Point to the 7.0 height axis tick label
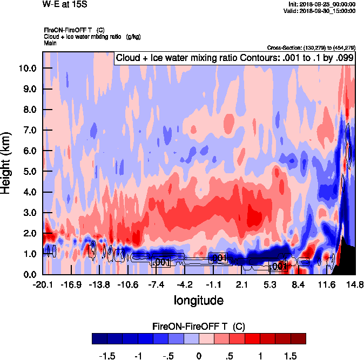coord(29,130)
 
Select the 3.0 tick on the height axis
coord(29,213)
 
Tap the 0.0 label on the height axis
coord(29,275)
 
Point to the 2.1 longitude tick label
coord(242,284)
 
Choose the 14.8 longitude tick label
coord(355,284)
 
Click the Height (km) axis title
coord(6,162)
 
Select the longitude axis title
coord(198,300)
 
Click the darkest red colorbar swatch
coord(298,338)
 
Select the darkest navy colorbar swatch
coord(100,338)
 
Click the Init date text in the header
coord(322,4)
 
